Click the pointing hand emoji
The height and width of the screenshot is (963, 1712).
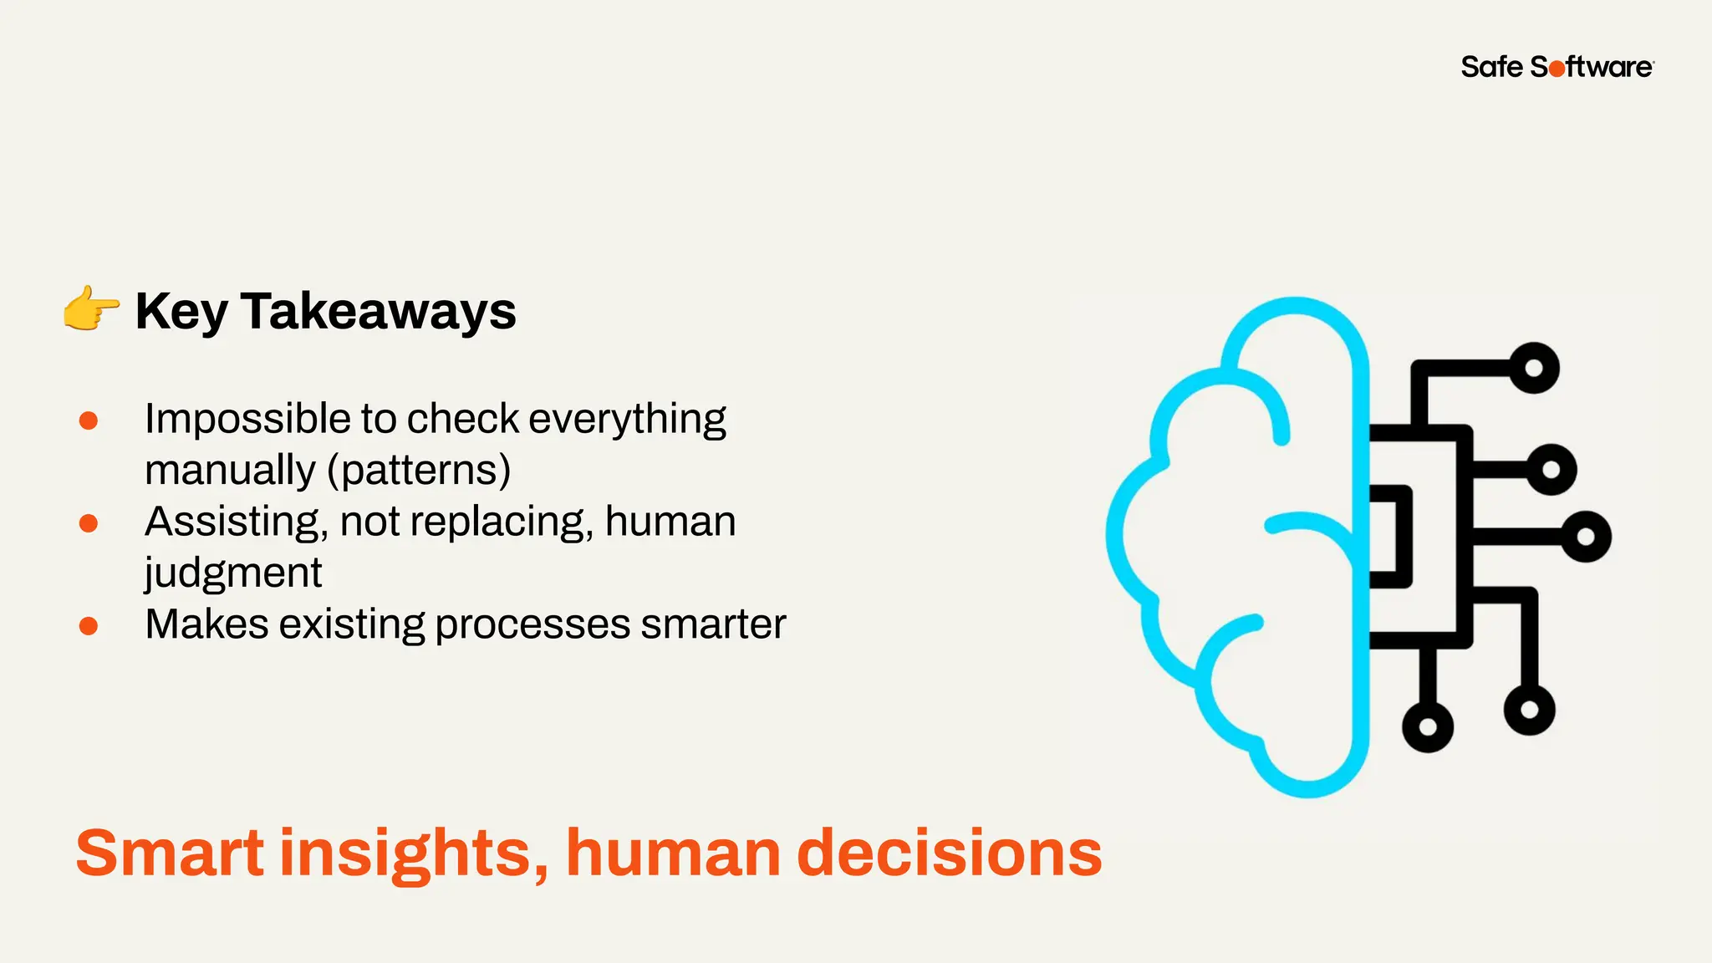coord(91,308)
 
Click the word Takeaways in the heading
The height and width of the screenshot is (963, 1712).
coord(379,311)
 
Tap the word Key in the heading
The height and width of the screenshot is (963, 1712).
coord(181,313)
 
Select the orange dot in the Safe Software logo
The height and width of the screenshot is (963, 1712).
coord(1557,69)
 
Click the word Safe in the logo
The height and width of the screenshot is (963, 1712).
coord(1492,67)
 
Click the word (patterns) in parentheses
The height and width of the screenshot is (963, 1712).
coord(419,471)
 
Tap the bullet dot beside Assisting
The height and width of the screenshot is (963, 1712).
coord(89,523)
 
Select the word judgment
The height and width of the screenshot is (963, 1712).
coord(233,574)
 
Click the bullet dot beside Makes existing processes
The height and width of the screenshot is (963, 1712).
coord(89,626)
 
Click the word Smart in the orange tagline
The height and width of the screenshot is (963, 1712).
coord(171,853)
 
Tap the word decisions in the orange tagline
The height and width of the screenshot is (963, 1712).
coord(950,853)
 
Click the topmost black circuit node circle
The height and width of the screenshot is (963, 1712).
coord(1534,368)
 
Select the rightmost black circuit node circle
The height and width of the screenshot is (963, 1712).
coord(1586,537)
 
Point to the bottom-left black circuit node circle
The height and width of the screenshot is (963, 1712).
coord(1428,726)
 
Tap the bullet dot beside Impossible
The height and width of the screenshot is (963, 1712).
coord(89,420)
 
